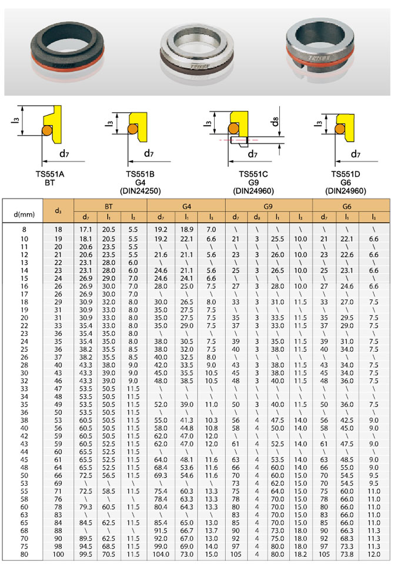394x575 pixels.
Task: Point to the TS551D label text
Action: [345, 174]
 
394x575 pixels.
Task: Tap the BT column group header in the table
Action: [109, 207]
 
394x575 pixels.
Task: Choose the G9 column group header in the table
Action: [269, 207]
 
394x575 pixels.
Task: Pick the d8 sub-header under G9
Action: [256, 218]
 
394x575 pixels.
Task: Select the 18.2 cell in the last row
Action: [300, 554]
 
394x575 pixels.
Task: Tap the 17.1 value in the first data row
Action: [85, 228]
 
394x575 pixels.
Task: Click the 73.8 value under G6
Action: [347, 554]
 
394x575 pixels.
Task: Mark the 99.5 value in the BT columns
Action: [85, 554]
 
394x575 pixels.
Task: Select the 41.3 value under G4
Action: [187, 421]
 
